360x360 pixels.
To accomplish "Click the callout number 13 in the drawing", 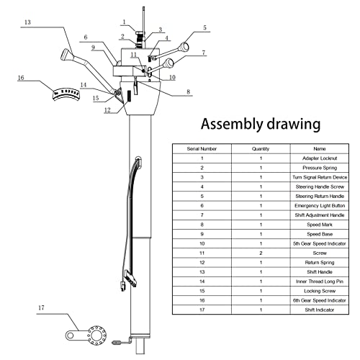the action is point(27,22).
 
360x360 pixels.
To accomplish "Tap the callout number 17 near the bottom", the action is point(41,307).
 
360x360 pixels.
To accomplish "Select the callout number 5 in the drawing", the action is point(204,28).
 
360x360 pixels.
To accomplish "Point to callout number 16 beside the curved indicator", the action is point(21,78).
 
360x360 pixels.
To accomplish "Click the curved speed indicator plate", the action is point(66,94).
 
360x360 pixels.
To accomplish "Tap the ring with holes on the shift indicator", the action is point(97,336).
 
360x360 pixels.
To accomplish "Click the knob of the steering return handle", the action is point(184,48).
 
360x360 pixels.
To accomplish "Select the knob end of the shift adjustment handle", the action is point(168,63).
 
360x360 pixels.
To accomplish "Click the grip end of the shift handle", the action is point(66,55).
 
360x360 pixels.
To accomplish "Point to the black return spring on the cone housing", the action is point(129,96).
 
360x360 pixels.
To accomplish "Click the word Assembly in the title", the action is point(232,124).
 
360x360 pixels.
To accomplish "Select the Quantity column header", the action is point(261,149).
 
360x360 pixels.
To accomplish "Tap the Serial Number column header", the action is point(202,149).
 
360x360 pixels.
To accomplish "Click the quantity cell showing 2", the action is point(261,253).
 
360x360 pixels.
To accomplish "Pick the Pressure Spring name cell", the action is point(320,168).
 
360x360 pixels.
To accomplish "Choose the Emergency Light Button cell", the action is point(320,206).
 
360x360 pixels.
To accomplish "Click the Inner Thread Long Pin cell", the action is point(320,282).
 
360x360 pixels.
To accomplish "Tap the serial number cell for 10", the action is point(202,243).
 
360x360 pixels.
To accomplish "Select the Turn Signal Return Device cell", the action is point(320,177).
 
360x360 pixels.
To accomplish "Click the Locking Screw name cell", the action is point(320,291).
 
